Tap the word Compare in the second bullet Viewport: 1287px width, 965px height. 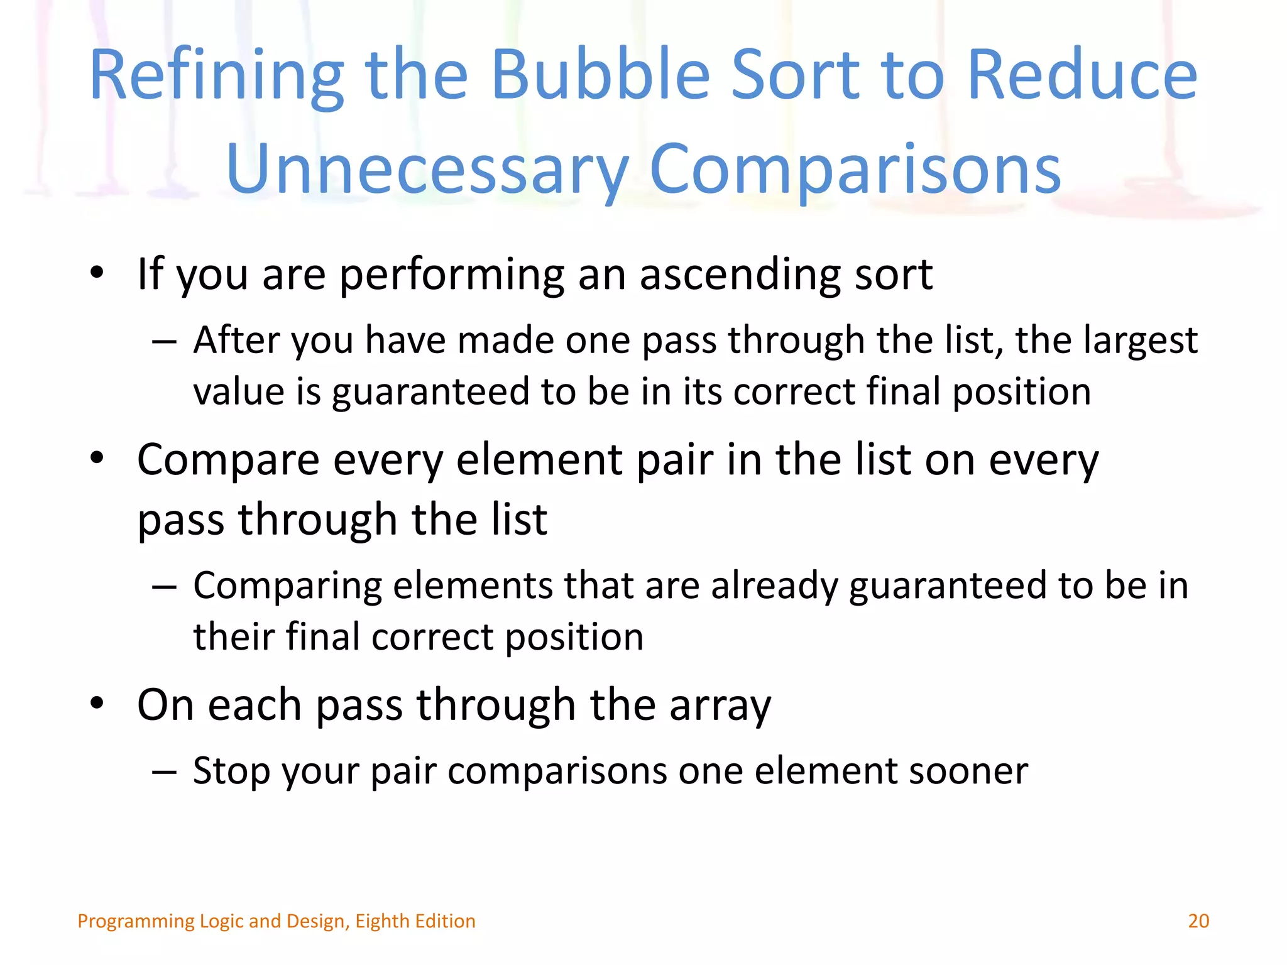tap(228, 461)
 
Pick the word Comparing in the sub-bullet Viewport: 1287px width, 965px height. tap(287, 586)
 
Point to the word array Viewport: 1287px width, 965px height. tap(720, 706)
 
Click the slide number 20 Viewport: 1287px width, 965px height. tap(1198, 921)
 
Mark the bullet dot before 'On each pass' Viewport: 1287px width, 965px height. tap(96, 704)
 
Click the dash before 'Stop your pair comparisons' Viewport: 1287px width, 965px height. tap(164, 772)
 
